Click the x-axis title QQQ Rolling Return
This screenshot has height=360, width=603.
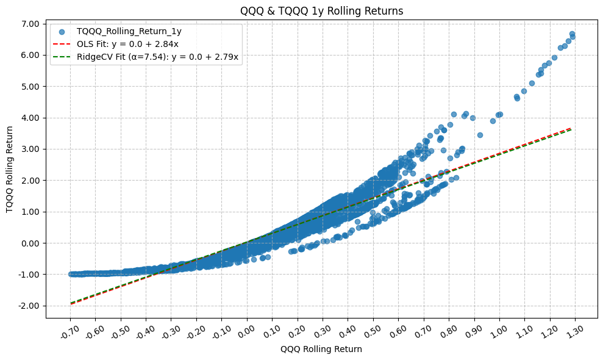321,349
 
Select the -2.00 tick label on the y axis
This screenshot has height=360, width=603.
27,306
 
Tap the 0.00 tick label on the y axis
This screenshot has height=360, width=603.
29,243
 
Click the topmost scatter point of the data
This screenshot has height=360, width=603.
573,34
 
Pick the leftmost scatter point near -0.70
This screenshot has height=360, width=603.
71,275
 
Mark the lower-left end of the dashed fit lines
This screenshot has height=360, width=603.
71,303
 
